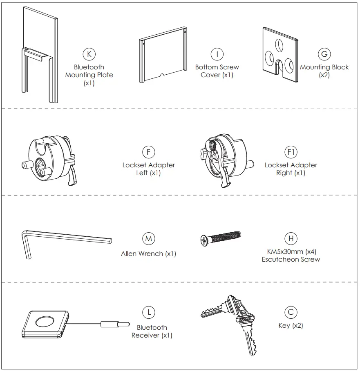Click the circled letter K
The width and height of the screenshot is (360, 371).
pos(89,54)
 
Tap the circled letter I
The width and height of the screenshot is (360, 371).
pos(217,54)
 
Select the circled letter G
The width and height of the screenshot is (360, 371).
pos(324,54)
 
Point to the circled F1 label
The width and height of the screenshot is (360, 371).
pos(291,152)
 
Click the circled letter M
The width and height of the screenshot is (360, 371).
pos(148,239)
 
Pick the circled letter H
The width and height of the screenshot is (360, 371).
pos(291,239)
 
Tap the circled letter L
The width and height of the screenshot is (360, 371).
pos(148,313)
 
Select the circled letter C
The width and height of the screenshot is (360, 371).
pos(291,313)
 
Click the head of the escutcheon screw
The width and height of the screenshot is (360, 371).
pos(204,241)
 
